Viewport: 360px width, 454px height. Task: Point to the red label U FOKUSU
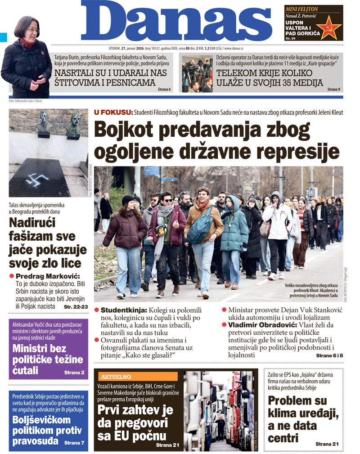tap(113, 112)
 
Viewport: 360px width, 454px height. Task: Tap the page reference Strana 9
tap(333, 90)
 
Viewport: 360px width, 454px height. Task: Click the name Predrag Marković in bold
tap(48, 276)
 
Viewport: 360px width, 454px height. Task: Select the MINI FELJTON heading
tap(302, 9)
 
